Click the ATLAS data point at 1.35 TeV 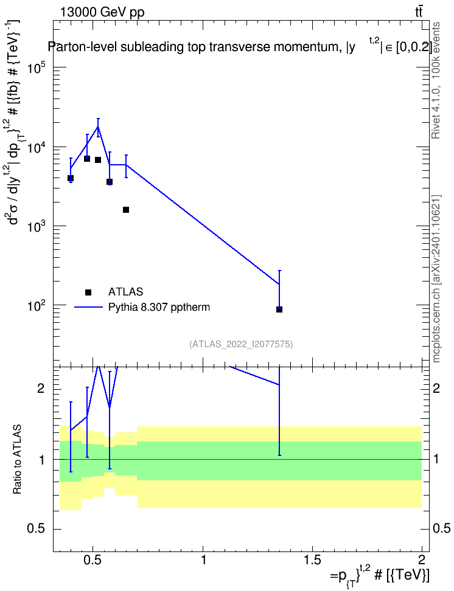point(279,309)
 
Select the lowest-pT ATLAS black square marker point(70,178)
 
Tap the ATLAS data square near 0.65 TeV point(126,210)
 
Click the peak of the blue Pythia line point(98,126)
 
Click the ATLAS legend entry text point(125,292)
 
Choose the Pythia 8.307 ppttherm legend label point(159,307)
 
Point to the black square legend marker point(88,292)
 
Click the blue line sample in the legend point(88,307)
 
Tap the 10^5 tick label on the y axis point(37,69)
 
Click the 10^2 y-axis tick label point(37,306)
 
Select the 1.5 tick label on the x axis point(312,560)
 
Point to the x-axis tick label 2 point(422,560)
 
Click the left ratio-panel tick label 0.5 point(37,529)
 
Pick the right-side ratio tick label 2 point(436,388)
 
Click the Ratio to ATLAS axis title point(17,460)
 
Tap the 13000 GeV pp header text point(102,12)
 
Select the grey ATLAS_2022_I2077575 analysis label point(241,344)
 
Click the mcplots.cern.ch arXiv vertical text point(436,278)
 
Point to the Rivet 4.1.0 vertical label point(436,80)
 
